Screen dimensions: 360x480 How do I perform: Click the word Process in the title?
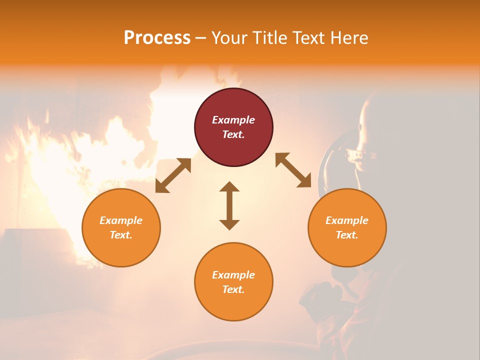(157, 38)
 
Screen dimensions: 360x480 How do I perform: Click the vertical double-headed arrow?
(229, 205)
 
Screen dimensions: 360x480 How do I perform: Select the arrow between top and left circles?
(173, 175)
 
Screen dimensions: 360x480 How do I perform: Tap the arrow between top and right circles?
(293, 170)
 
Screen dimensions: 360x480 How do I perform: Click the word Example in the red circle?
(233, 120)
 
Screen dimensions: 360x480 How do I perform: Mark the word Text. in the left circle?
(121, 235)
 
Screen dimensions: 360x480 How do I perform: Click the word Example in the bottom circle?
(233, 275)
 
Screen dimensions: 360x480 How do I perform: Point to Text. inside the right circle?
(347, 235)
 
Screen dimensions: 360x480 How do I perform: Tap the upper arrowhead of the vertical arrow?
(229, 186)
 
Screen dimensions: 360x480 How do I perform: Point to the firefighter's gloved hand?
(320, 297)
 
